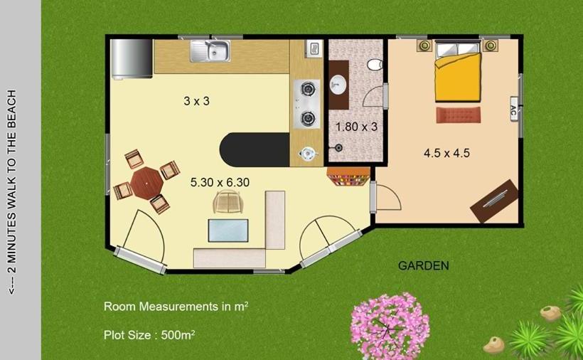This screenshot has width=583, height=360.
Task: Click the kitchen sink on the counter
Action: [x=210, y=51]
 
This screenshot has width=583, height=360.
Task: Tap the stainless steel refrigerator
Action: [x=131, y=58]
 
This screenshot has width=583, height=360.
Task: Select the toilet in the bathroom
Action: [x=375, y=65]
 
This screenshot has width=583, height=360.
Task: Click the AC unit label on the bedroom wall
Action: [x=513, y=110]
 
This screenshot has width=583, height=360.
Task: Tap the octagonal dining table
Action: [x=146, y=182]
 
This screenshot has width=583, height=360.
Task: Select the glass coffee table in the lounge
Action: [x=228, y=231]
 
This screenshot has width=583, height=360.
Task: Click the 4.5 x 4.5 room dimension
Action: [x=446, y=152]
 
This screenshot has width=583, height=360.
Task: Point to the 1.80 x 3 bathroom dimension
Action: [x=355, y=127]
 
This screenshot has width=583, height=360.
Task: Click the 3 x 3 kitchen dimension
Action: [x=196, y=101]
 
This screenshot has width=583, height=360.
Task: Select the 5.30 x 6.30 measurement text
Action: [x=220, y=182]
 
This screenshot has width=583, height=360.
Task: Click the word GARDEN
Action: [x=423, y=266]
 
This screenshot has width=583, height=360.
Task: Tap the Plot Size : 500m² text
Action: [x=149, y=334]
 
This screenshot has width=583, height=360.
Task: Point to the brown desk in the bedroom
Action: [x=494, y=201]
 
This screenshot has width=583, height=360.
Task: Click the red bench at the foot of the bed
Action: [x=459, y=115]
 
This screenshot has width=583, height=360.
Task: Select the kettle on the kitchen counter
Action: [x=307, y=152]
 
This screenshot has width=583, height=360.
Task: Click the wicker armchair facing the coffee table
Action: [x=228, y=203]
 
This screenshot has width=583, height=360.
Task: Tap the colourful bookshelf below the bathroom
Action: [x=348, y=176]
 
